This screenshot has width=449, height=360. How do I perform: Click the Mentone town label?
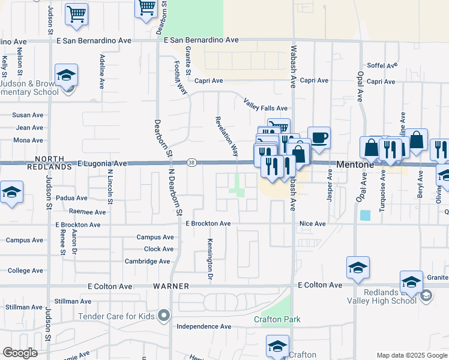[x=356, y=163]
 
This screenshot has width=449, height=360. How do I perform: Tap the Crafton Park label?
[x=277, y=319]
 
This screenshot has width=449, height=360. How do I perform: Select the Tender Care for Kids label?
[x=115, y=316]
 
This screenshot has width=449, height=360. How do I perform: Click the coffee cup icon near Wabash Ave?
[x=319, y=138]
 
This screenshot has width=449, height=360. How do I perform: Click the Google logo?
[x=20, y=353]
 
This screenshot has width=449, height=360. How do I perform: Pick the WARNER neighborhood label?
[x=171, y=286]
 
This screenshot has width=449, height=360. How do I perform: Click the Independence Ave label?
[x=203, y=326]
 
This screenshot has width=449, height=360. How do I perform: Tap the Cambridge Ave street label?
[x=147, y=261]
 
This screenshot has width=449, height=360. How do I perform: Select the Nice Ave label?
[x=312, y=224]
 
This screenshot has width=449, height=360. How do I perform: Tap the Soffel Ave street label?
[x=383, y=66]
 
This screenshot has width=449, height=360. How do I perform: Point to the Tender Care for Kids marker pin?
[x=164, y=316]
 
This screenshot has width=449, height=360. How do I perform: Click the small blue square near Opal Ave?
[x=365, y=215]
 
